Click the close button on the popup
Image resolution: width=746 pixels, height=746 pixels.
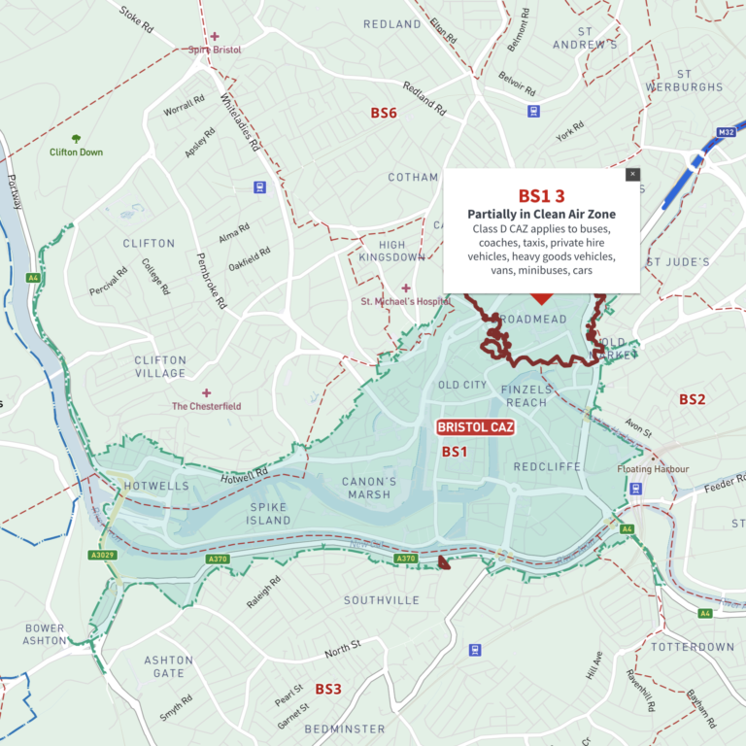[632, 175]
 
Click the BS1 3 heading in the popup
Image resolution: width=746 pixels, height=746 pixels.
[541, 196]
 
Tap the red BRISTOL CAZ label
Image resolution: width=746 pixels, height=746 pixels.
[475, 427]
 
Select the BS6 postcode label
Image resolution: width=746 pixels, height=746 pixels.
[384, 114]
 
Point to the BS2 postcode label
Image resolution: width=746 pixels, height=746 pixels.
[692, 399]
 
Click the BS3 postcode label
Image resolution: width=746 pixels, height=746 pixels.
[327, 689]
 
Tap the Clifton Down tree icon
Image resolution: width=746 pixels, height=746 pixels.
[76, 140]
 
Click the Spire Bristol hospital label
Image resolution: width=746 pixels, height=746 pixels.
[215, 49]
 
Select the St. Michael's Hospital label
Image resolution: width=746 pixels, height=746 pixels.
[405, 301]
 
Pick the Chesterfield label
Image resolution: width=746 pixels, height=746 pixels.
[206, 406]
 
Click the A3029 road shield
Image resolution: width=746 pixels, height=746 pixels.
[102, 556]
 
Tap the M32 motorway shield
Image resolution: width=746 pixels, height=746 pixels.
[726, 132]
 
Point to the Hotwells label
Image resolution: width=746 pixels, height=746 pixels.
[142, 485]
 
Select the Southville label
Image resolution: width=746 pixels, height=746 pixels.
[382, 600]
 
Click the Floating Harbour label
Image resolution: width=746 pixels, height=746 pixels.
[653, 469]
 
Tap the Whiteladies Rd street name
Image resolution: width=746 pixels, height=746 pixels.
[240, 122]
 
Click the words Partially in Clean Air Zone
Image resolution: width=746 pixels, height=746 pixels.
[541, 214]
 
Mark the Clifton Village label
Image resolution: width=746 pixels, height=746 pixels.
[160, 366]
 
